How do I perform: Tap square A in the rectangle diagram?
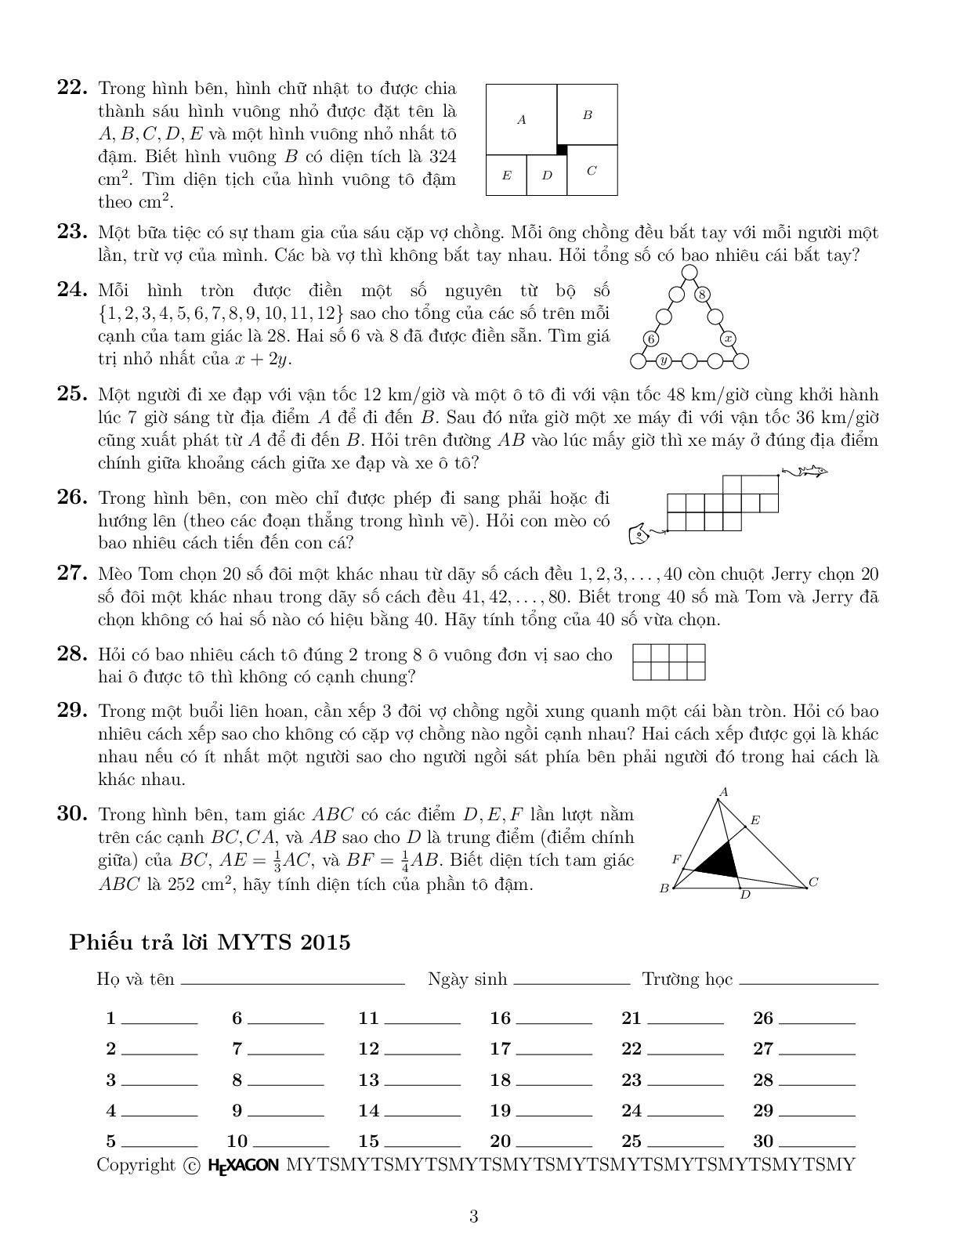point(521,120)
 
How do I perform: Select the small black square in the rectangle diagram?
point(561,149)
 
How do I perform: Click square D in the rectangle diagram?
point(547,175)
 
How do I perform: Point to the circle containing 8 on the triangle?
point(703,295)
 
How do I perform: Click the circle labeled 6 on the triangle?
point(651,338)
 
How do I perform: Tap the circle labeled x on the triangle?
point(728,338)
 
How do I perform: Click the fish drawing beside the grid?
point(805,472)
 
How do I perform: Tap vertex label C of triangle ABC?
point(813,882)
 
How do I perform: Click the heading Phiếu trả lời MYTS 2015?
point(210,942)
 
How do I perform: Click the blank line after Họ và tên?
point(291,981)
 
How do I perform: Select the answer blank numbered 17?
point(555,1050)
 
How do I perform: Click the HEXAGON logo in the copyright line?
point(243,1165)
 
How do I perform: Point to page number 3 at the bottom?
point(473,1217)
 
